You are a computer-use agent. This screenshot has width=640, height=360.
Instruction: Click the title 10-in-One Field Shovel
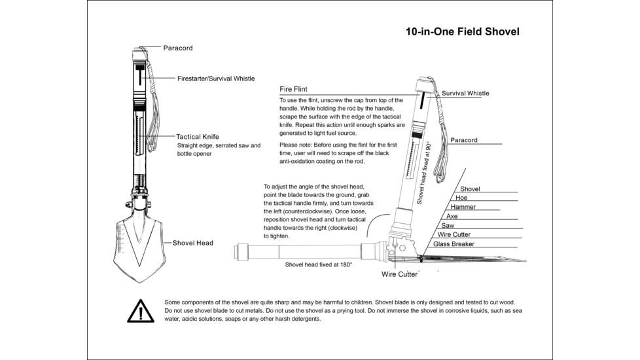pos(462,31)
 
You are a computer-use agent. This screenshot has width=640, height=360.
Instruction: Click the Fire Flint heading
pos(293,88)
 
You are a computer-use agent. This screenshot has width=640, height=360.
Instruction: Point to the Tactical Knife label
pos(202,137)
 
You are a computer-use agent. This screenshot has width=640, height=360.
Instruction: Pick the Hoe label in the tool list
pos(461,198)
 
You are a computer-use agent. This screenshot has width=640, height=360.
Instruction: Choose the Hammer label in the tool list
pos(463,207)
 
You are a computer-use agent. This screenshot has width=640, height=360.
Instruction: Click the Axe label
pos(452,216)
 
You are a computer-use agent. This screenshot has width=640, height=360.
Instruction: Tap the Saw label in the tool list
pos(448,225)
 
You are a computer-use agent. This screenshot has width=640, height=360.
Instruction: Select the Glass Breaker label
pos(453,244)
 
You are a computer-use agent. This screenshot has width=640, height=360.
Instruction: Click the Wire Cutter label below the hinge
pos(399,274)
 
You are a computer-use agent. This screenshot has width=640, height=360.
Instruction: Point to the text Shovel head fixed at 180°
pos(319,264)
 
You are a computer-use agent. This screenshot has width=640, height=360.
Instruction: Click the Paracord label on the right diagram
pos(463,140)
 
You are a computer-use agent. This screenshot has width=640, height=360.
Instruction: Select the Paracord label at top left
pos(177,48)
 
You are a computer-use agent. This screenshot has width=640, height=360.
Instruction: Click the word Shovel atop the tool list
pos(469,189)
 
